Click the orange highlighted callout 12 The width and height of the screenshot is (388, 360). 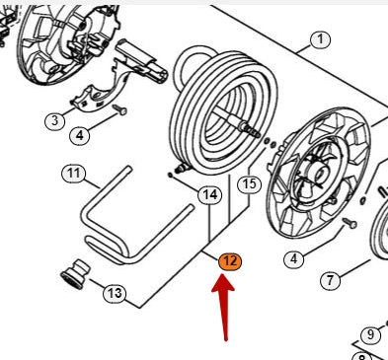tap(230, 261)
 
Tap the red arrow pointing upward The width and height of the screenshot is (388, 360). tap(224, 307)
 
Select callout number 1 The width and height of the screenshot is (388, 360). tap(320, 39)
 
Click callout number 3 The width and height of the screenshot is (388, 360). tap(54, 121)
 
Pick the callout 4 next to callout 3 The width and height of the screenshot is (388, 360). tap(80, 135)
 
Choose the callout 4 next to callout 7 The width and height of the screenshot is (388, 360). tap(294, 259)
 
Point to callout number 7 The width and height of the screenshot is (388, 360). tap(330, 280)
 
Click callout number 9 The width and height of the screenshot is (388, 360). tap(370, 334)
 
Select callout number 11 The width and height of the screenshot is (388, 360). tap(74, 174)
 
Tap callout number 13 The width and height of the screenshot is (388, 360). tap(115, 293)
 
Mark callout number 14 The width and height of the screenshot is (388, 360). tap(210, 195)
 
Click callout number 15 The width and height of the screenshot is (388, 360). tap(250, 184)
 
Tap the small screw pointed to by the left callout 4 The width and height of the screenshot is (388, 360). tap(119, 109)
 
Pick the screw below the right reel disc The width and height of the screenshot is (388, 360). tap(349, 223)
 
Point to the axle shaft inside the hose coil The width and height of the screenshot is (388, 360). tap(237, 123)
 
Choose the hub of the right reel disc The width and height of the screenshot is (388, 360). tap(317, 174)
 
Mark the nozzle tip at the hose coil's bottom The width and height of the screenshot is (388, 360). tap(181, 169)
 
